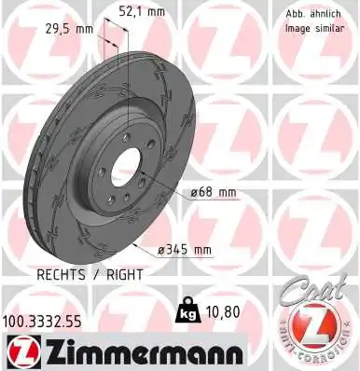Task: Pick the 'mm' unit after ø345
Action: click(x=201, y=249)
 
